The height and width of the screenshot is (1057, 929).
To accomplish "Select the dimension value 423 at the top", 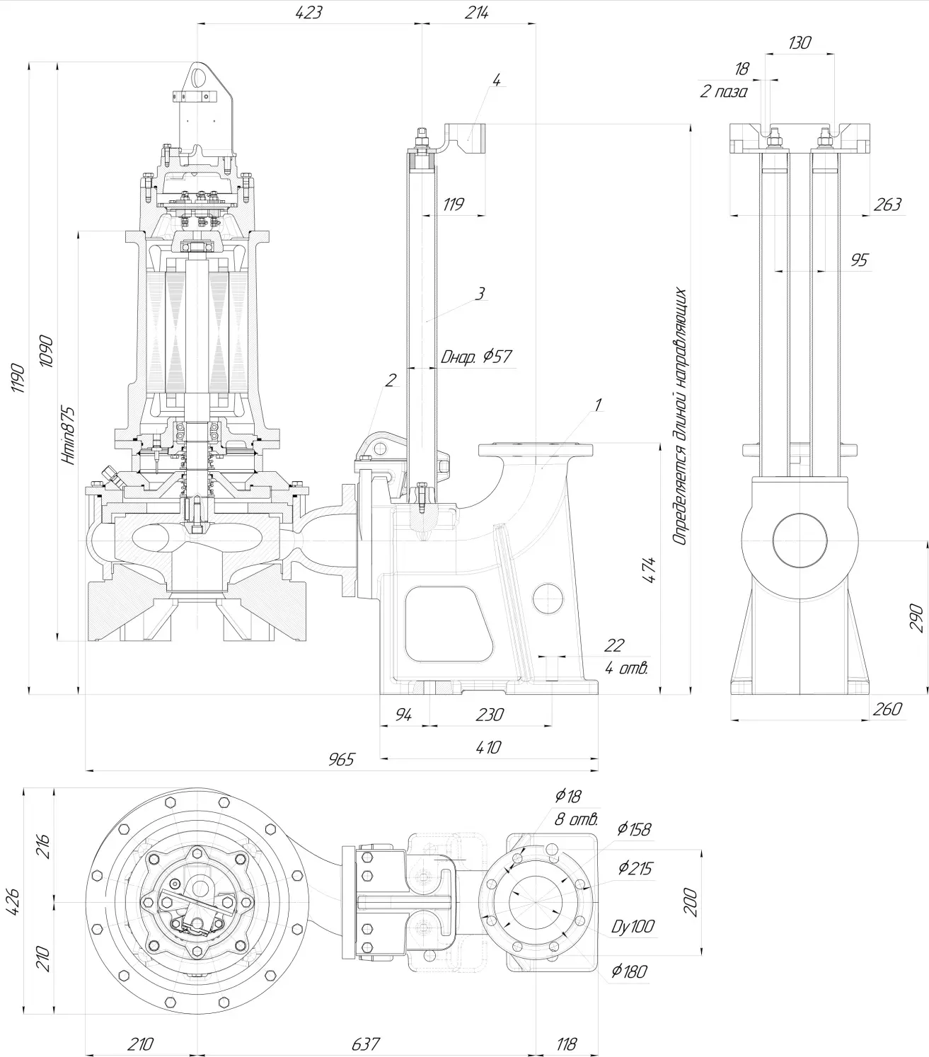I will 309,12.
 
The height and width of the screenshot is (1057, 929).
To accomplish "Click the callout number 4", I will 496,80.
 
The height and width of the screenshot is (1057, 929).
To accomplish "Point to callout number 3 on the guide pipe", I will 480,294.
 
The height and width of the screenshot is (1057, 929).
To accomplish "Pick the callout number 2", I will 391,380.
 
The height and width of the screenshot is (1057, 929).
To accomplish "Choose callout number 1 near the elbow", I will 598,405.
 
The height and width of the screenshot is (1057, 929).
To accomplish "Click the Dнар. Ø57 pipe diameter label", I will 476,357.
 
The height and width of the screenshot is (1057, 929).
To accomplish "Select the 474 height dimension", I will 650,572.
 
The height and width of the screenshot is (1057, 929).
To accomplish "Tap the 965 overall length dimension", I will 341,760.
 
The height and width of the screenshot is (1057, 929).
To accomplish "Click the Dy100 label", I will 633,925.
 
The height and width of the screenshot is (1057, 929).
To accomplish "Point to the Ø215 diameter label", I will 635,868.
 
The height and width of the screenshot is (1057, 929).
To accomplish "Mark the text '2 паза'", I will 723,91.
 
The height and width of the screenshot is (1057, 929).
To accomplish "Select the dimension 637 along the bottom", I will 365,1044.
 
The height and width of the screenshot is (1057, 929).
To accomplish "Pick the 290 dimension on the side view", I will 916,617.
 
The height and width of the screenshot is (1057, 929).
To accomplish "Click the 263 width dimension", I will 887,204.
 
